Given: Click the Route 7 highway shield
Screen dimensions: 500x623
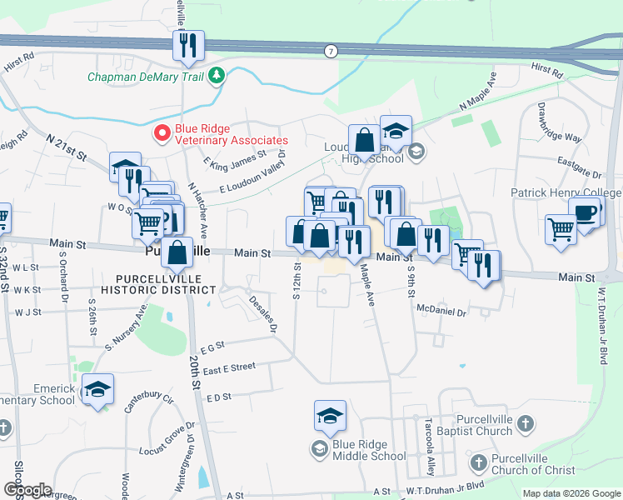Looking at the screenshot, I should point(331,52).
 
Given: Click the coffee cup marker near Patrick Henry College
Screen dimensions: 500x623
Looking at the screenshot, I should point(585,212).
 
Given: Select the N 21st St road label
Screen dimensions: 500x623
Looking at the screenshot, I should point(67,147).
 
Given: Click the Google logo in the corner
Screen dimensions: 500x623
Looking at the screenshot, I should point(28,490).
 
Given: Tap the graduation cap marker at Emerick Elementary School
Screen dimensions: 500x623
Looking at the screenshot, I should point(97,389).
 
